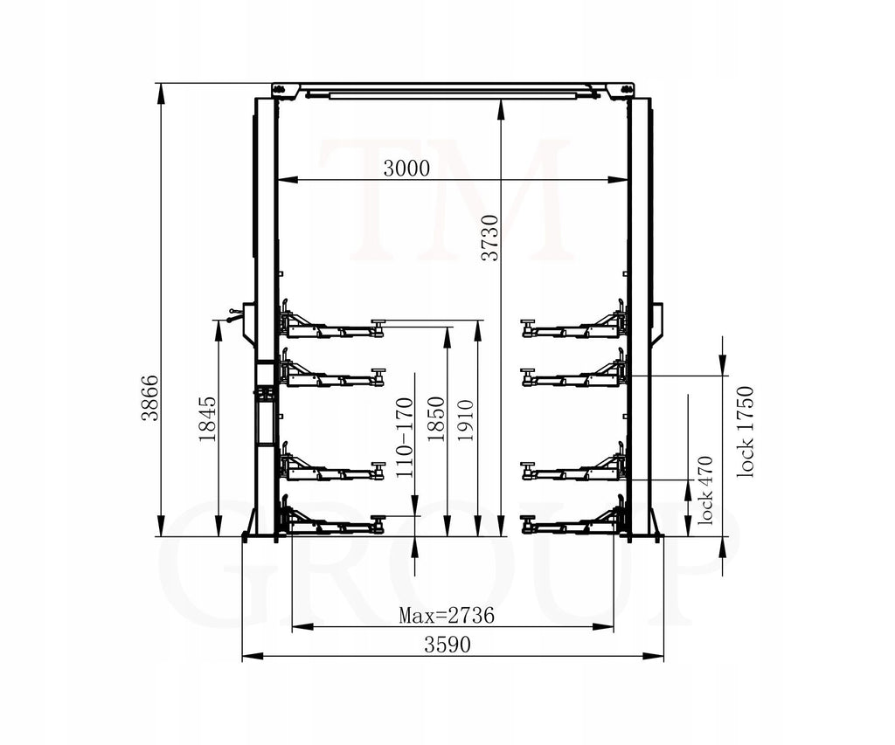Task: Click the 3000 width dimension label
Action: pyautogui.click(x=406, y=169)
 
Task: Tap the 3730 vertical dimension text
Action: pyautogui.click(x=489, y=238)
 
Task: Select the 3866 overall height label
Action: pyautogui.click(x=150, y=397)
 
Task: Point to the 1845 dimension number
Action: pyautogui.click(x=207, y=418)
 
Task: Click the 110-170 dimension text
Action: pyautogui.click(x=404, y=438)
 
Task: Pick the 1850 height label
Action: pyautogui.click(x=436, y=418)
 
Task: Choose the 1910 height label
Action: pyautogui.click(x=466, y=420)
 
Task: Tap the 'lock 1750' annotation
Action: pyautogui.click(x=746, y=431)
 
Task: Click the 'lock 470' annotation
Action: pyautogui.click(x=705, y=490)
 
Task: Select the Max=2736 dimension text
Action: pyautogui.click(x=446, y=616)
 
